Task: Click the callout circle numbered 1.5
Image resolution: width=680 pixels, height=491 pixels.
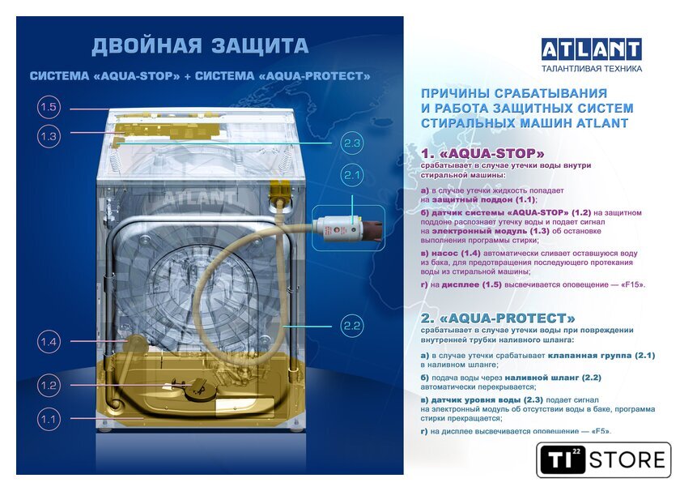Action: [49, 107]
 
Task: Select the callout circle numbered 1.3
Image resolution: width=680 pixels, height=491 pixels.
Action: [49, 136]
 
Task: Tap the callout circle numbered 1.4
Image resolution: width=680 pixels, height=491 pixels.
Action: [49, 342]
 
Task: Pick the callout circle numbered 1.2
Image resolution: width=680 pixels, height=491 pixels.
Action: [49, 385]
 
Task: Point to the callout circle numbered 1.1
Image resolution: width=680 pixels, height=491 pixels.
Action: [49, 420]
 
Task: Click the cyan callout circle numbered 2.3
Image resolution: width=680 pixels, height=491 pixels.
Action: [351, 143]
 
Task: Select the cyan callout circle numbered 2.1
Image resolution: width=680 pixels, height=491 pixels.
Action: [351, 175]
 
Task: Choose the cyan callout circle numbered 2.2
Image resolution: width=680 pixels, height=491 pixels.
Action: [351, 326]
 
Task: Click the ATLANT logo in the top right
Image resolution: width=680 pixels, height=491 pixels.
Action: [592, 49]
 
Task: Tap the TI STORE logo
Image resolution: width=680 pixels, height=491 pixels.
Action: [603, 459]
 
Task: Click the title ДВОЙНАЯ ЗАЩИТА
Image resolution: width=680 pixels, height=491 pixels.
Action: [200, 46]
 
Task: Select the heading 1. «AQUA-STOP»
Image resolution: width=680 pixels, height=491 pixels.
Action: [482, 153]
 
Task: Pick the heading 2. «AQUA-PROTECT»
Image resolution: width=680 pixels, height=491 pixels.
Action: [498, 318]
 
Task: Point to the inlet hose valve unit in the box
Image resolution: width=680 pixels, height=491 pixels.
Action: [349, 228]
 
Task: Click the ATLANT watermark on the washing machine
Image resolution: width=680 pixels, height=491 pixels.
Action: [199, 198]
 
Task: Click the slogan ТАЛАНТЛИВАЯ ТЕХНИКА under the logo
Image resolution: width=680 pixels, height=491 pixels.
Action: [592, 69]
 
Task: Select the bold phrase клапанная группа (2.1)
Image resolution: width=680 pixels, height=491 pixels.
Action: [601, 355]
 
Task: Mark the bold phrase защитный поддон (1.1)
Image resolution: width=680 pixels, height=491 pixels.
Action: [484, 199]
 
